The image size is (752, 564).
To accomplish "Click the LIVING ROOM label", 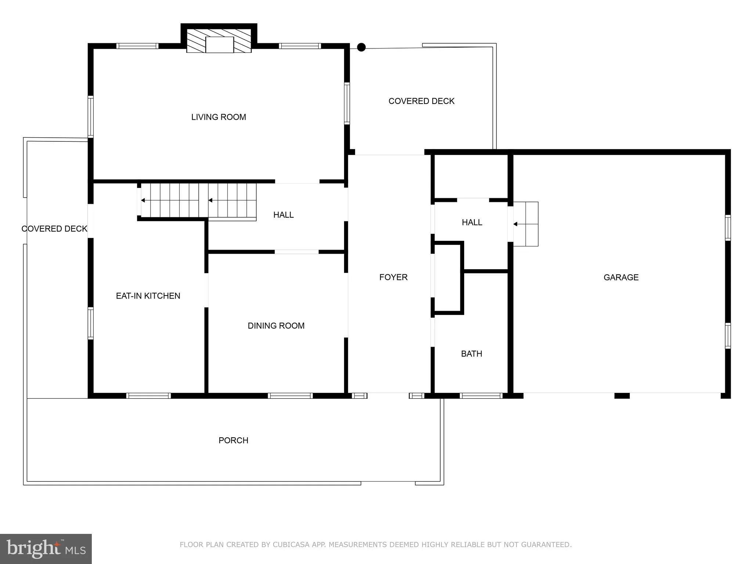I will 218,117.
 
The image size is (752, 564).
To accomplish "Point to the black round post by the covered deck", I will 361,47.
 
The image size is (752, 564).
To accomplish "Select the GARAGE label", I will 621,278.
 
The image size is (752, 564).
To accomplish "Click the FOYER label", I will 393,277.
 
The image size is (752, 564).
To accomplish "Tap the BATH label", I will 471,354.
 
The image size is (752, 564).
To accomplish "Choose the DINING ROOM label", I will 276,326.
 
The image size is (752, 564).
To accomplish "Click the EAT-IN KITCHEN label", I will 148,296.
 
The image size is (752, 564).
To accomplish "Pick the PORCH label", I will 234,440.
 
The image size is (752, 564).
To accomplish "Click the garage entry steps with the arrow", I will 525,224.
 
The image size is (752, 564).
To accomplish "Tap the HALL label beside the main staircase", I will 283,215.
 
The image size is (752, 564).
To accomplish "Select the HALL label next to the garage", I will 472,223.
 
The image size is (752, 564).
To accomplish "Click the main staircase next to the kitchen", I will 198,200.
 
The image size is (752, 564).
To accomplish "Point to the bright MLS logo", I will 46,549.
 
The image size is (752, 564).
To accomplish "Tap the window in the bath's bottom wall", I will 481,396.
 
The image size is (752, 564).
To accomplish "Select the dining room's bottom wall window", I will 290,396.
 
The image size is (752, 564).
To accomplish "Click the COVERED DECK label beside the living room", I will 422,101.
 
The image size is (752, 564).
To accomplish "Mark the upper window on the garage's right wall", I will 727,228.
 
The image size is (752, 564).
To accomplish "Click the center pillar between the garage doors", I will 622,396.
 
